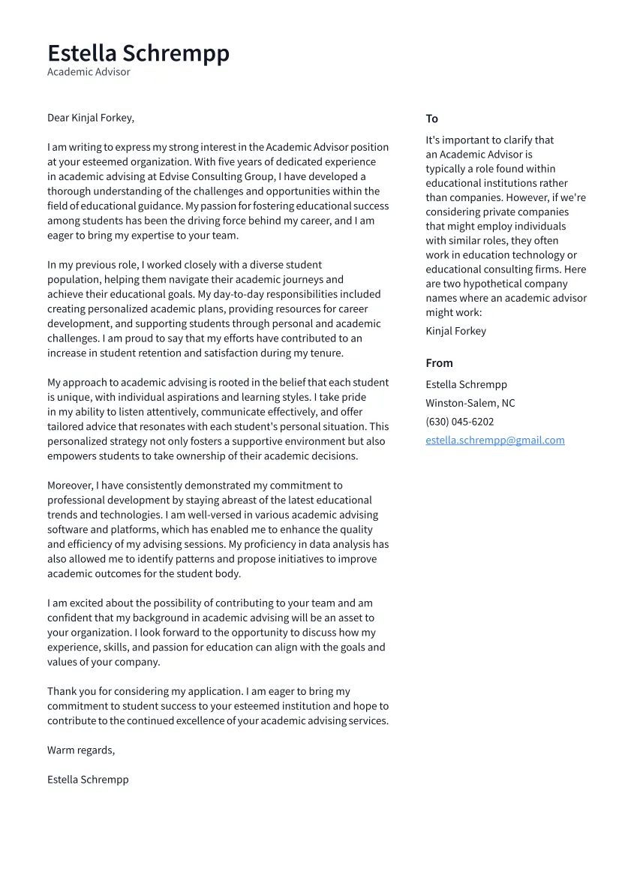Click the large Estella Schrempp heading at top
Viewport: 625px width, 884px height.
(138, 53)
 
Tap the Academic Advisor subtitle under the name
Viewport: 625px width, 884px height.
(89, 72)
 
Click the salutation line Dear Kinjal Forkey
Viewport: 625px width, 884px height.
(91, 118)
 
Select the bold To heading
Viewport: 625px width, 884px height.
(431, 119)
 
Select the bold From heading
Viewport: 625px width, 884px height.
(439, 363)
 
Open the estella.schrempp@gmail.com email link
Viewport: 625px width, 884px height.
(494, 440)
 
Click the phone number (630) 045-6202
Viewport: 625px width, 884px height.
(459, 422)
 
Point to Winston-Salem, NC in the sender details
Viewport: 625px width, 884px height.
(470, 403)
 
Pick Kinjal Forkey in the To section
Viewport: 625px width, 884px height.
(455, 331)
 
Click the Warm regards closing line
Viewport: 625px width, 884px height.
(81, 750)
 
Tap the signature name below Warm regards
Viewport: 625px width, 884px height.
(88, 780)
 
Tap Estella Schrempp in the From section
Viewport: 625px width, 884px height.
(466, 385)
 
